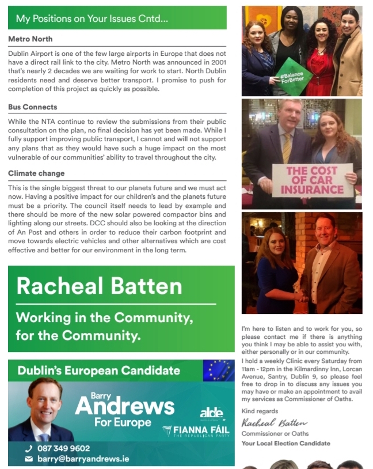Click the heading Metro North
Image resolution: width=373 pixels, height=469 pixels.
[x=31, y=39]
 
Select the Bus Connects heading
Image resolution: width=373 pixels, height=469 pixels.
[x=33, y=107]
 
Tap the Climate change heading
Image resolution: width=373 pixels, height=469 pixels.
[x=36, y=173]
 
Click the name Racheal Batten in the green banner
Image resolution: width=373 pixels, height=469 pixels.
[x=99, y=286]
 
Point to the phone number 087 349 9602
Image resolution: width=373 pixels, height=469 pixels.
[x=63, y=448]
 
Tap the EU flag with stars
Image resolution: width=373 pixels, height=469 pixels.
[x=219, y=370]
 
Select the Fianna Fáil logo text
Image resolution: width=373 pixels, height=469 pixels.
[x=203, y=430]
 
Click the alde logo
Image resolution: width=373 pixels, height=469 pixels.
[x=211, y=413]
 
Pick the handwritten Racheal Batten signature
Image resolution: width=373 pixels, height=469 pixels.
[x=275, y=423]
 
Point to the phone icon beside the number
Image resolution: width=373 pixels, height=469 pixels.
[x=29, y=448]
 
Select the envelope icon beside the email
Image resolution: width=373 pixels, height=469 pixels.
[x=29, y=459]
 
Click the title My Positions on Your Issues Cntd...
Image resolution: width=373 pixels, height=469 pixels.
[x=92, y=18]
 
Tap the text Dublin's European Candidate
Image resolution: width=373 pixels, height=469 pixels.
[x=98, y=370]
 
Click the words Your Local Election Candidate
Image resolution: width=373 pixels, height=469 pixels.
[x=286, y=443]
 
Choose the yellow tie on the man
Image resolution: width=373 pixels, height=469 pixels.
[x=287, y=147]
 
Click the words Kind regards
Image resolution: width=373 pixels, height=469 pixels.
[x=260, y=411]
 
